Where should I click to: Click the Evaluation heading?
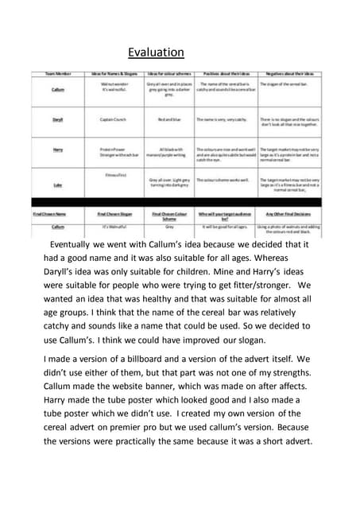click(x=156, y=53)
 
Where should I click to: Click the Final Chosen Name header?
click(x=52, y=214)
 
